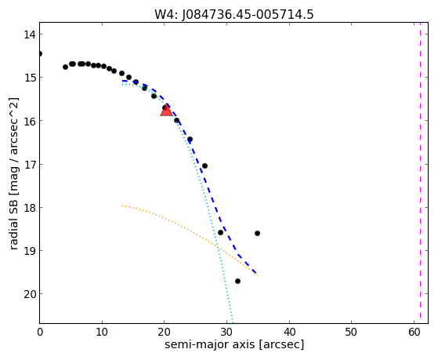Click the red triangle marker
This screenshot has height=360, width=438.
[166, 111]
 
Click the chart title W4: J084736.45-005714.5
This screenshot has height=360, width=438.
[234, 14]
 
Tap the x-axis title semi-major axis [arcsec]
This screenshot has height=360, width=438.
[234, 344]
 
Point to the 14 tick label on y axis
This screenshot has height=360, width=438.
[29, 35]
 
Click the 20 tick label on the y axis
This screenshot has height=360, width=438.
[29, 294]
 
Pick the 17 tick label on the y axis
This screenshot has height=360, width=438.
[29, 164]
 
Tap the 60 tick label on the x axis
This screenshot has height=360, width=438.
[414, 332]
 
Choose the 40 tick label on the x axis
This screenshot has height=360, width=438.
[289, 332]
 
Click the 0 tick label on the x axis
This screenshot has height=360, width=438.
[40, 332]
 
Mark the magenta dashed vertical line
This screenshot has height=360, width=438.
[420, 173]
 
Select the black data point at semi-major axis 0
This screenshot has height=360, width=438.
[40, 53]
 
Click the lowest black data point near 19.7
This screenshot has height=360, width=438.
[237, 281]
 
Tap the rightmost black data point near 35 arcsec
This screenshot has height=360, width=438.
[257, 233]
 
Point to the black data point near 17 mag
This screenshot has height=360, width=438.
[205, 165]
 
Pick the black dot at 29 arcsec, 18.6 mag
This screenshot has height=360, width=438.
[220, 232]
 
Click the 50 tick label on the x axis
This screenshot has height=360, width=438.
[351, 332]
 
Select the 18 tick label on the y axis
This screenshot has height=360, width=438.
[29, 208]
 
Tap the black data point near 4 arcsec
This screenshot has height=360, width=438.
[65, 67]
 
